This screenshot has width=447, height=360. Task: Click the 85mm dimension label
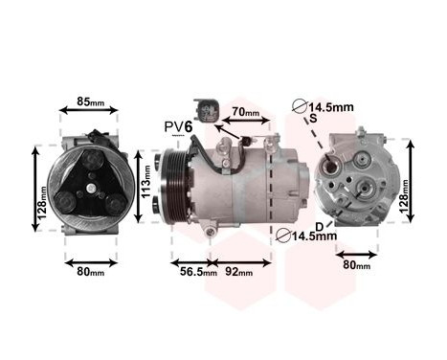point(90,101)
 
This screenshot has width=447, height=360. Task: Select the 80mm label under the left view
point(90,271)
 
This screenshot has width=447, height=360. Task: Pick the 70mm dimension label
point(246,113)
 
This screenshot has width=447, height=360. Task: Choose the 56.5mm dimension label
point(189,271)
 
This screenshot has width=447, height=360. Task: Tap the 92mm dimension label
point(238,271)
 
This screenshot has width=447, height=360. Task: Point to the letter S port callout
point(312,119)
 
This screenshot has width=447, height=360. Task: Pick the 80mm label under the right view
point(356,265)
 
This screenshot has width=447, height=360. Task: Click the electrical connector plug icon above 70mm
point(205,108)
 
